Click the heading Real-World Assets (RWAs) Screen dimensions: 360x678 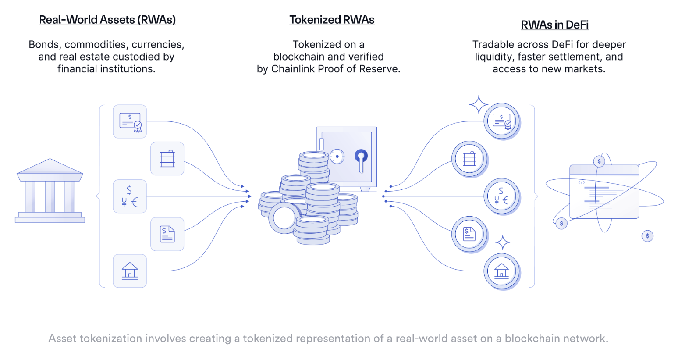click(x=107, y=20)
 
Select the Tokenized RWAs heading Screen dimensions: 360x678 click(x=332, y=20)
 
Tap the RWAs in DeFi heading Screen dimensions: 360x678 click(x=554, y=25)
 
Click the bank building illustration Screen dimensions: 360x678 click(x=50, y=191)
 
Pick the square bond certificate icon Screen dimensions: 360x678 click(x=130, y=121)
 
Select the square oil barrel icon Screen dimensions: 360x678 click(x=167, y=159)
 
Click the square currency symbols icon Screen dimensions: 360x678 click(x=130, y=196)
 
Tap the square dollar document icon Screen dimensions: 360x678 click(x=167, y=234)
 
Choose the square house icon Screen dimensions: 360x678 click(x=130, y=271)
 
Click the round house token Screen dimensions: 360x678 click(x=501, y=271)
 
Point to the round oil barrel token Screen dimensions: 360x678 click(x=469, y=159)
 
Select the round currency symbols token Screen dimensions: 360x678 click(x=501, y=196)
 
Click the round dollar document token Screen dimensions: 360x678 click(x=469, y=234)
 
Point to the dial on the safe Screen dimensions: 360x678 click(x=337, y=156)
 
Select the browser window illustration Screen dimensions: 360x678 click(x=604, y=192)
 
